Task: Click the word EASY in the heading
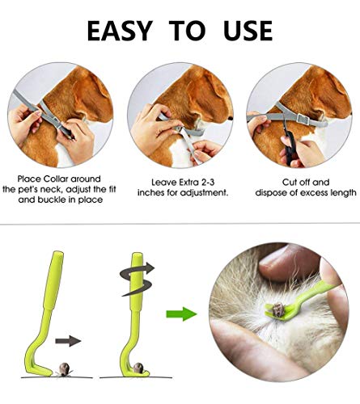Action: (118, 31)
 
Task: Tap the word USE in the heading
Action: (248, 31)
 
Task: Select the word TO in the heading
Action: (187, 31)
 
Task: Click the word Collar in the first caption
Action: (57, 179)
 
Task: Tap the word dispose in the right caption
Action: (272, 193)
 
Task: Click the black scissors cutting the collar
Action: (289, 142)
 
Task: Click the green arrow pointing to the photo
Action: (181, 314)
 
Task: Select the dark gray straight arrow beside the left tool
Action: (68, 341)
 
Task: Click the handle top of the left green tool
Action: (58, 256)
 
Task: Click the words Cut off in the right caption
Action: (293, 183)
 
